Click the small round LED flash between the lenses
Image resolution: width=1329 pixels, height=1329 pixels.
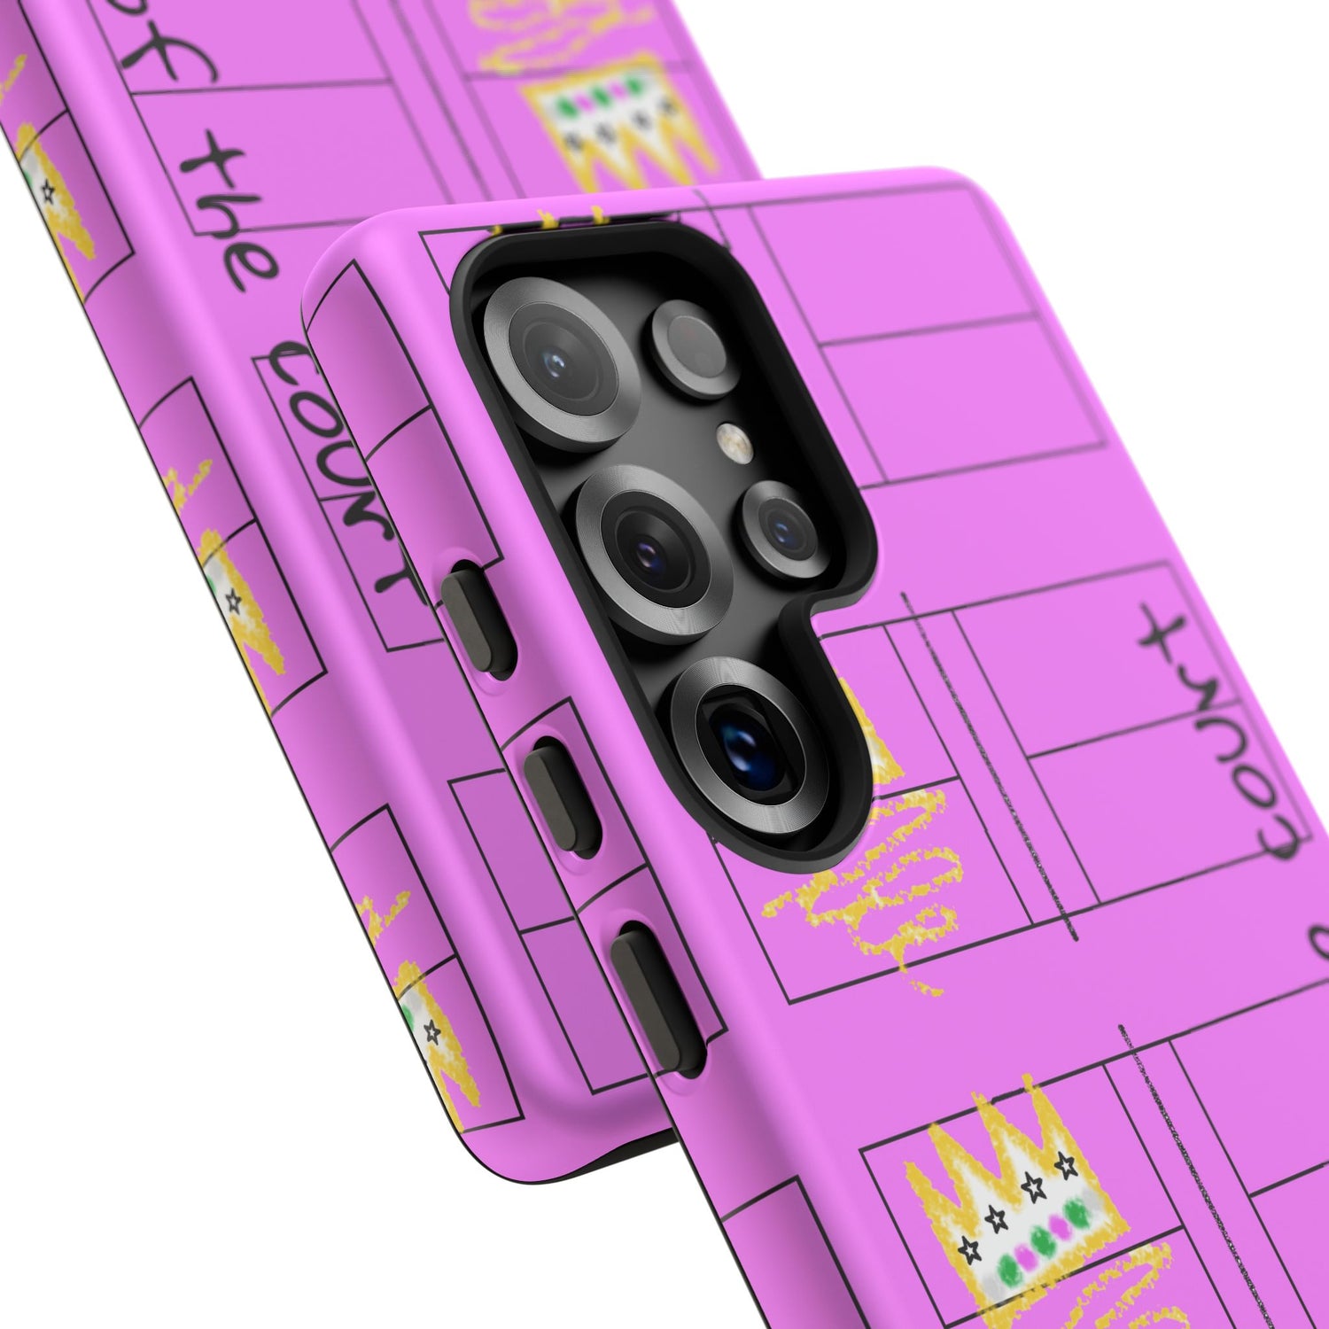729,436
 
